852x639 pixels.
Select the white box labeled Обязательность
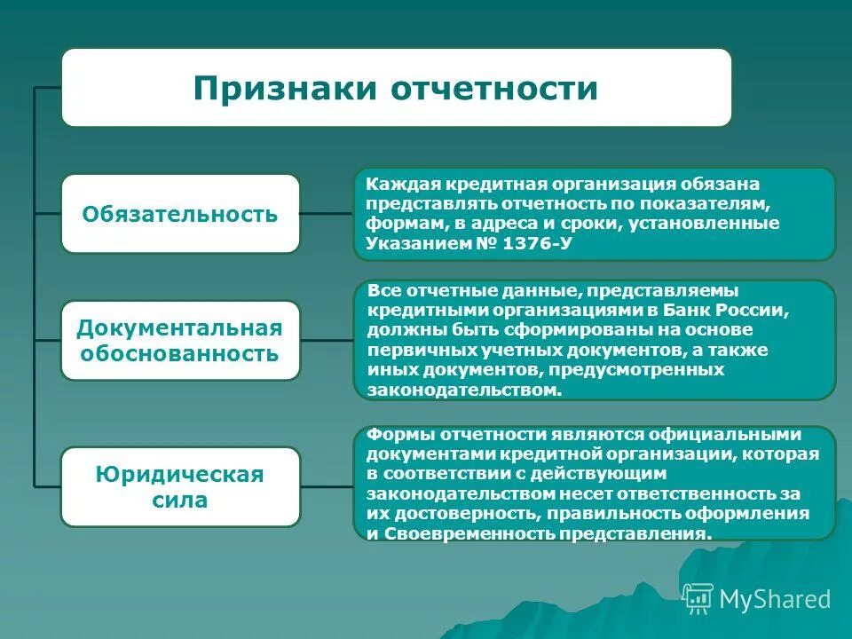click(x=180, y=214)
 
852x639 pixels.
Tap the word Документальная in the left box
click(x=179, y=328)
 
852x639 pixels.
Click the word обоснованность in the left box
click(x=179, y=354)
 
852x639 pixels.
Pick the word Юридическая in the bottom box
click(x=179, y=474)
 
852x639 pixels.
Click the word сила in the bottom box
click(x=179, y=500)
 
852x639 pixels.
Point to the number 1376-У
click(x=537, y=242)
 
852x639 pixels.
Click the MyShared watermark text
click(x=775, y=599)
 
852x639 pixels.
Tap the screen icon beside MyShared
click(x=698, y=598)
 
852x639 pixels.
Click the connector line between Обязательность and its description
click(x=327, y=214)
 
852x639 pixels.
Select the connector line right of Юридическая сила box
click(x=327, y=486)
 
